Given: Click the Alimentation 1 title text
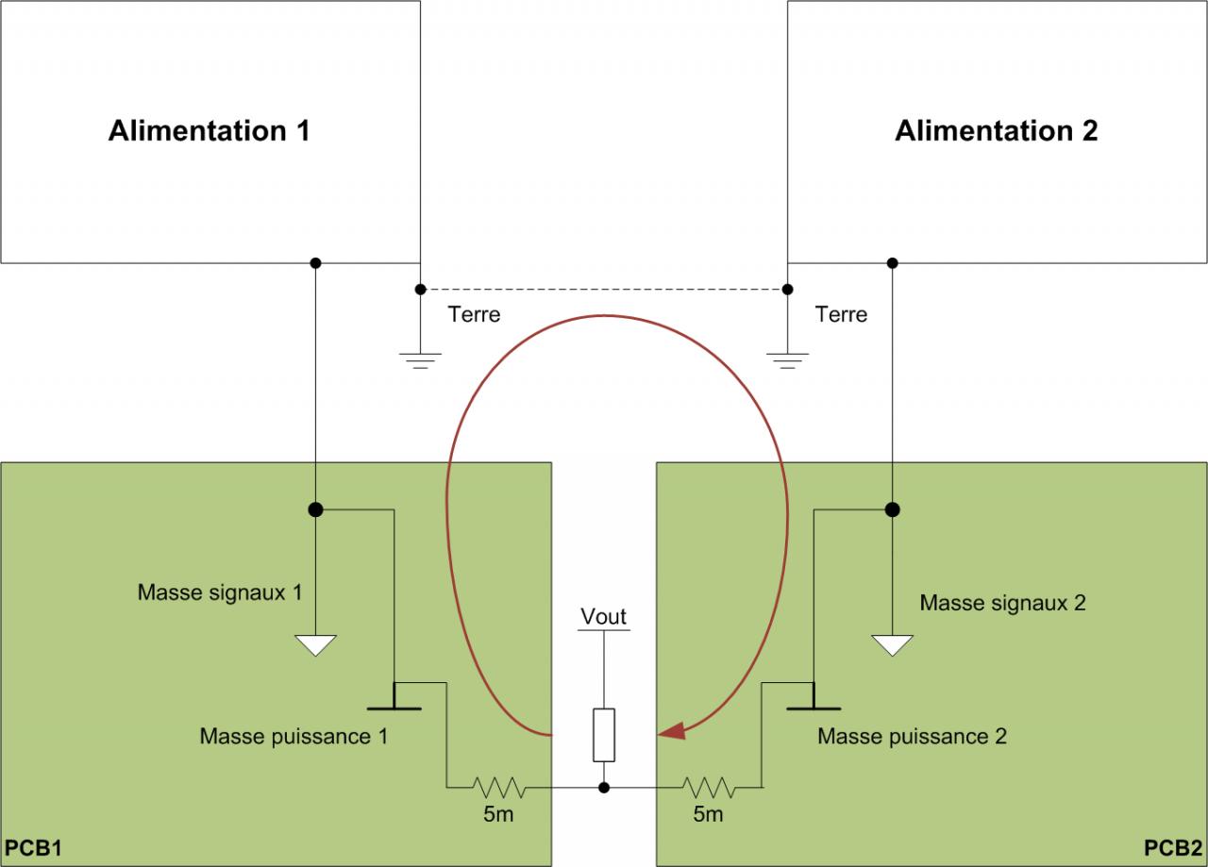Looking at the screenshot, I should pyautogui.click(x=209, y=130).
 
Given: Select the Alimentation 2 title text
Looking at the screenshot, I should pyautogui.click(x=996, y=130).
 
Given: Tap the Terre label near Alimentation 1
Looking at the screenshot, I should pyautogui.click(x=474, y=314).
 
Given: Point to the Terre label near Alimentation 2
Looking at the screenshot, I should pyautogui.click(x=841, y=314).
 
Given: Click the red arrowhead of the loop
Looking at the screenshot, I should pyautogui.click(x=671, y=730).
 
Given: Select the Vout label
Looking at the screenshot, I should pyautogui.click(x=603, y=617).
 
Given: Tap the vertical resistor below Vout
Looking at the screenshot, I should pyautogui.click(x=604, y=734).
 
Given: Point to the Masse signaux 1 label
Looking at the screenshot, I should pyautogui.click(x=220, y=593).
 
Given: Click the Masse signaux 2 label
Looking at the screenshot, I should pyautogui.click(x=1002, y=603).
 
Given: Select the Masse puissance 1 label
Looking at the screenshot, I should pyautogui.click(x=294, y=736).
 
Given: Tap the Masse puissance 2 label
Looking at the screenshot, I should pyautogui.click(x=912, y=736).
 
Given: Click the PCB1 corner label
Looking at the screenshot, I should pyautogui.click(x=33, y=846).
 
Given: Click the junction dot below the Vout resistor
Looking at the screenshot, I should pyautogui.click(x=604, y=787).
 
